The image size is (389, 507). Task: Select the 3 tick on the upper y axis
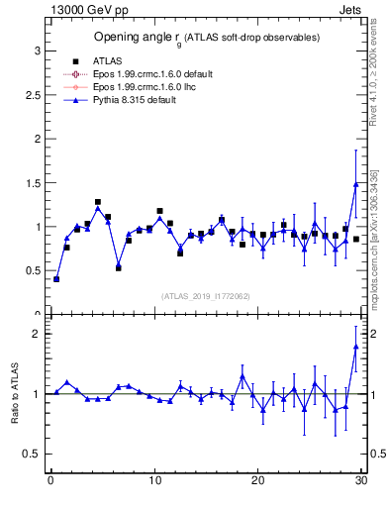point(36,51)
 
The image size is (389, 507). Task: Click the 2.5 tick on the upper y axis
point(32,95)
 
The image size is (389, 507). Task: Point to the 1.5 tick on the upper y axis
point(32,183)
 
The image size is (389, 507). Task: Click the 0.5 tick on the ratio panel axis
point(32,454)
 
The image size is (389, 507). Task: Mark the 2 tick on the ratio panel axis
point(36,334)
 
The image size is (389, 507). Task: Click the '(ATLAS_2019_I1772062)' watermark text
point(206,296)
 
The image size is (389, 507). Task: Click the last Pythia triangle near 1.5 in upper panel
point(355,184)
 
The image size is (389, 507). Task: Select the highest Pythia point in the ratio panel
point(355,346)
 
